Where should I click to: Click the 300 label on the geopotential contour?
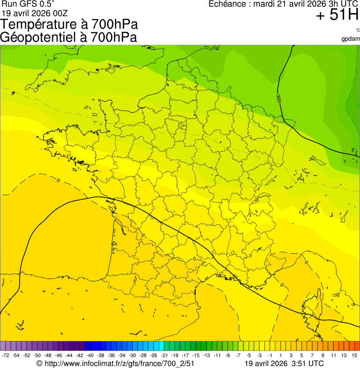click(279, 98)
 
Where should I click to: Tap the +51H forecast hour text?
click(337, 15)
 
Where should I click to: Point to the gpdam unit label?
click(351, 38)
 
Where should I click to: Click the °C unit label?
click(357, 30)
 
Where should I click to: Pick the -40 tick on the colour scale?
click(90, 356)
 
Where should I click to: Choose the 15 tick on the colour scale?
click(354, 356)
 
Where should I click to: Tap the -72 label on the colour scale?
click(6, 356)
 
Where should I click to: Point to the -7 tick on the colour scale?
click(238, 356)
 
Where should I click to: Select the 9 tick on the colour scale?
click(323, 356)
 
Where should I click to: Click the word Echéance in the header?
click(227, 4)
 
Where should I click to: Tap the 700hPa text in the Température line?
click(114, 24)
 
